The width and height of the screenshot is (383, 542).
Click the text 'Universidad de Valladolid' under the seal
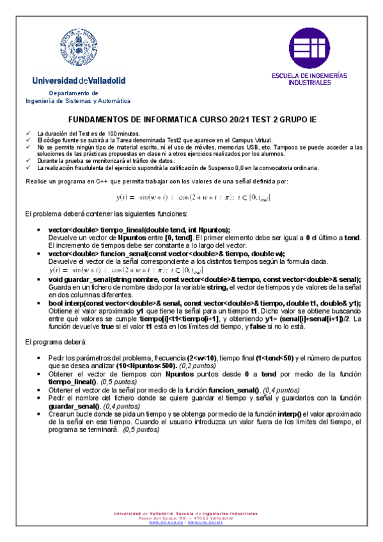click(x=79, y=81)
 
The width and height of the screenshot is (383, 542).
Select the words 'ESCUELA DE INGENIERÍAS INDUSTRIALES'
click(x=309, y=79)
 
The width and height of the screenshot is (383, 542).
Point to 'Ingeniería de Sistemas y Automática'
click(x=78, y=101)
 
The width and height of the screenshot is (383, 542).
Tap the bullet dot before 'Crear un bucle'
click(x=41, y=414)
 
